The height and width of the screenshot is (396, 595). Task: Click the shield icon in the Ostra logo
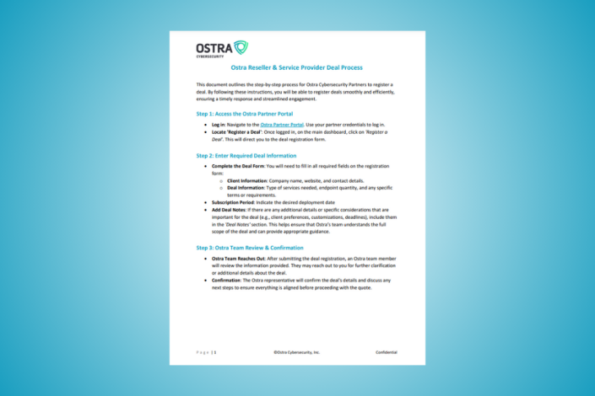[x=241, y=47]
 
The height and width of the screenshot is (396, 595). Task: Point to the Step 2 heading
[x=246, y=155]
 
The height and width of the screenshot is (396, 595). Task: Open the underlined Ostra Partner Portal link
[x=279, y=124]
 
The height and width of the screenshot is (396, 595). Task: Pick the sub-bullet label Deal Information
[x=246, y=189]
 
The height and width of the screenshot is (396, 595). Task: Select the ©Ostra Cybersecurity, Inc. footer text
[x=296, y=351]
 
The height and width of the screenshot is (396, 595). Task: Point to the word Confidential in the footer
[x=387, y=351]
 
